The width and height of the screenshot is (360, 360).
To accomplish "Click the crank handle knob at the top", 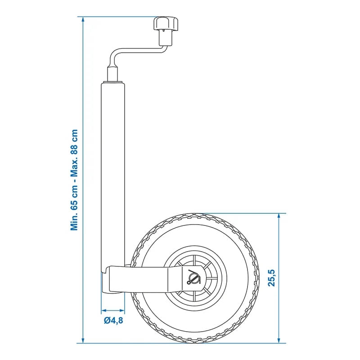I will (166, 23).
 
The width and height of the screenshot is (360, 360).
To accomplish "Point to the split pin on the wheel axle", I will (193, 278).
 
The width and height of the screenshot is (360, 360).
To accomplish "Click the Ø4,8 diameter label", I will (113, 321).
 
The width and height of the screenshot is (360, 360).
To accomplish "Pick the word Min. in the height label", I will (75, 221).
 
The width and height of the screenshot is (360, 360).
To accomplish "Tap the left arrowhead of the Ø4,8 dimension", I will (103, 310).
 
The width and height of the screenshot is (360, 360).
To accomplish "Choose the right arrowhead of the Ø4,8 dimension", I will (121, 310).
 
